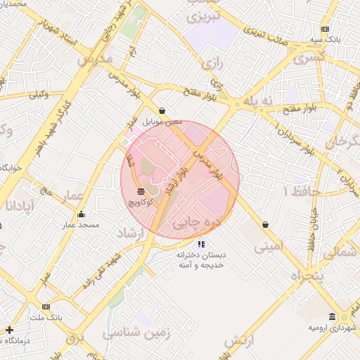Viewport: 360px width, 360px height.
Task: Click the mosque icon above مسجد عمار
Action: (81, 214)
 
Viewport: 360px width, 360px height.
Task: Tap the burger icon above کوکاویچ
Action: (141, 191)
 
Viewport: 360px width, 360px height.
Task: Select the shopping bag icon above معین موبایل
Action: (162, 110)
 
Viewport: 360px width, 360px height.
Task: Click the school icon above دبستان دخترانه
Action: (201, 244)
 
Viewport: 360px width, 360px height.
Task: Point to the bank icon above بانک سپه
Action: (325, 29)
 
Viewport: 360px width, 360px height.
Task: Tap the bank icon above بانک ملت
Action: (46, 307)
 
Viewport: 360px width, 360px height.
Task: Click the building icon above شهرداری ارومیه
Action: (332, 317)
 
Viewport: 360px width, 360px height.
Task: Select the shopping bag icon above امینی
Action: (265, 224)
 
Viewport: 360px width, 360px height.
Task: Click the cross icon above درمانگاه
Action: (9, 330)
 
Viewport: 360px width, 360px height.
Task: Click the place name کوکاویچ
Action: (141, 202)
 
